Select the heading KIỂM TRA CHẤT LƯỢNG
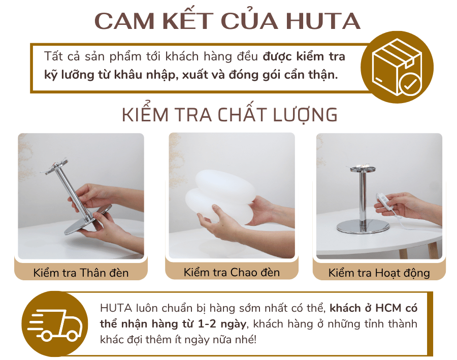(230, 115)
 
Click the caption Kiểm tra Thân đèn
(81, 273)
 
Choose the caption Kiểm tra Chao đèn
(232, 272)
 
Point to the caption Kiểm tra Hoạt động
(379, 273)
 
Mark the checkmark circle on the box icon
(409, 84)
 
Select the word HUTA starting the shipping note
(115, 308)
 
